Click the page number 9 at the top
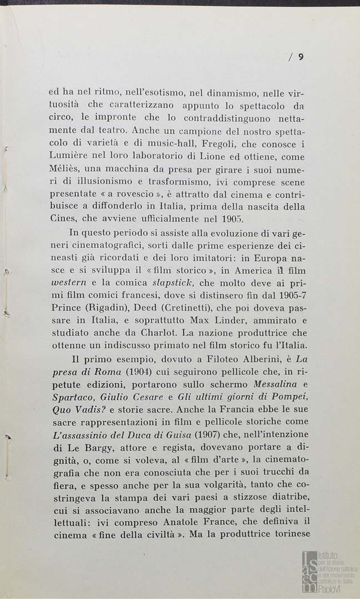300,56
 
